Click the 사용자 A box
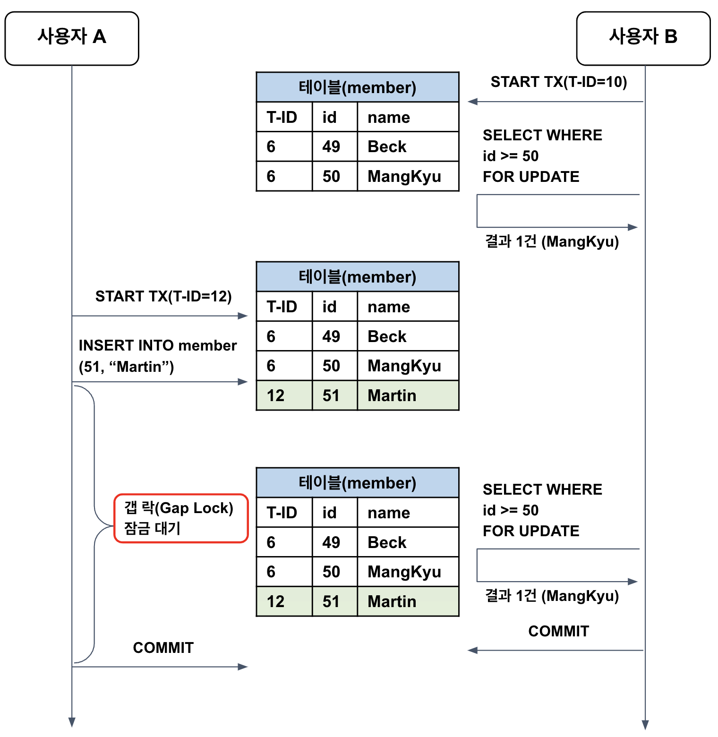(72, 38)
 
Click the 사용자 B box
(643, 38)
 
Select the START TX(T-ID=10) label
(558, 82)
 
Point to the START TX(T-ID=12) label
(163, 296)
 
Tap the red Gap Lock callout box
(181, 518)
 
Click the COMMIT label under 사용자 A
(163, 648)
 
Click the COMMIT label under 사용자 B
(558, 631)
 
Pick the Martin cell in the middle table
(408, 395)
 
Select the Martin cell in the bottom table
(408, 601)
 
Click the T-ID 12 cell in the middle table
(284, 395)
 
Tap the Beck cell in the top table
(408, 146)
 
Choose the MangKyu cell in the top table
(408, 176)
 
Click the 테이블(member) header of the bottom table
(357, 483)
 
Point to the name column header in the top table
(408, 117)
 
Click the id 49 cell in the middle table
(334, 336)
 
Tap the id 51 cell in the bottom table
(334, 601)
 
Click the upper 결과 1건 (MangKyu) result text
(552, 241)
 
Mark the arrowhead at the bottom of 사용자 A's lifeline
(72, 722)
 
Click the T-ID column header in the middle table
(284, 307)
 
